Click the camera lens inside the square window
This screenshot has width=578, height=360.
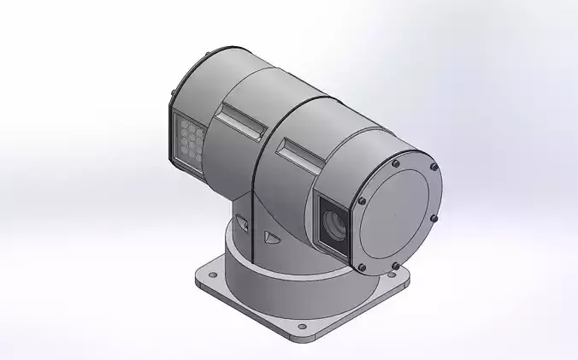(334, 226)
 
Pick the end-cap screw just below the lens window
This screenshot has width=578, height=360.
(362, 267)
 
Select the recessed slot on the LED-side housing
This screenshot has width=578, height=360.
(241, 119)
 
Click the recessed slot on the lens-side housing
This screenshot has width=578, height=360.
(302, 151)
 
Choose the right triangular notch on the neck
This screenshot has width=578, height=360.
(272, 239)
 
